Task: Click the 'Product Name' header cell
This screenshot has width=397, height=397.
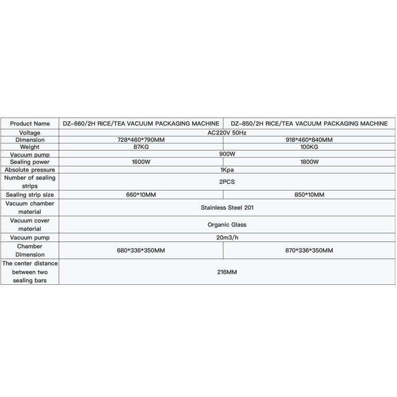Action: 30,124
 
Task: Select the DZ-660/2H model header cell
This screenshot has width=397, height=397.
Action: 141,124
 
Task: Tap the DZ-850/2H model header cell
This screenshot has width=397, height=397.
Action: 310,124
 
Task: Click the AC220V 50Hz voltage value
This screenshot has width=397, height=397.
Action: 227,132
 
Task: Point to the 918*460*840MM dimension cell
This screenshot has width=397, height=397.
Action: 309,140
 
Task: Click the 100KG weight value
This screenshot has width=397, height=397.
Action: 309,147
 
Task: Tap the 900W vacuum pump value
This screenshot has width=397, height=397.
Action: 227,154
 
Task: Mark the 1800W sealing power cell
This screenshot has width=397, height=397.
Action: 309,162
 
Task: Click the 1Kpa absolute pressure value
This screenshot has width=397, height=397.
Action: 227,170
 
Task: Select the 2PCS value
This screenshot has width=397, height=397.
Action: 227,182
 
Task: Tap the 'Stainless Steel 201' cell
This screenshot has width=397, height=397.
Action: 227,207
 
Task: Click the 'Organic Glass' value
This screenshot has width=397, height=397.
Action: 227,224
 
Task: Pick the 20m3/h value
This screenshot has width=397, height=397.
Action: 227,238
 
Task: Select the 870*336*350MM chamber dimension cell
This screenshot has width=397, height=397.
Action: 309,250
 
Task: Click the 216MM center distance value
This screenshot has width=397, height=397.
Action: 227,272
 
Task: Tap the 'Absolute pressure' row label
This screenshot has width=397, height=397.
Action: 30,170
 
